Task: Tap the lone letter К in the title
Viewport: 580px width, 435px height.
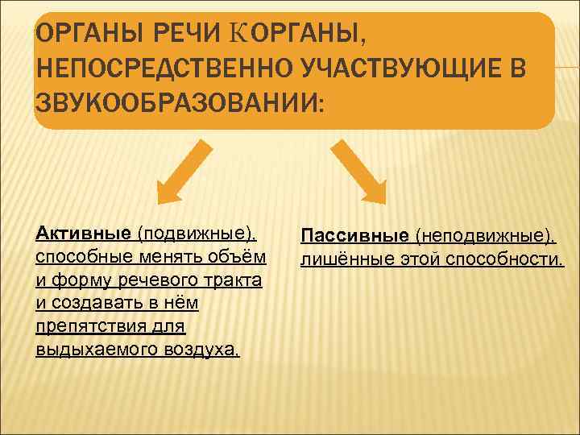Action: (x=238, y=33)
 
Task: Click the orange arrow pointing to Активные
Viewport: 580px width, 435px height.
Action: (x=182, y=172)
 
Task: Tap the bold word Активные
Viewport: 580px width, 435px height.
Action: (x=84, y=233)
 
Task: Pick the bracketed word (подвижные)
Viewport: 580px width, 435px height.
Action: (x=197, y=233)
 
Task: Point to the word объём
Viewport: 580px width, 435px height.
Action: (x=236, y=257)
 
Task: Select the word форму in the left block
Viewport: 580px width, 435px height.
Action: (x=85, y=280)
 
